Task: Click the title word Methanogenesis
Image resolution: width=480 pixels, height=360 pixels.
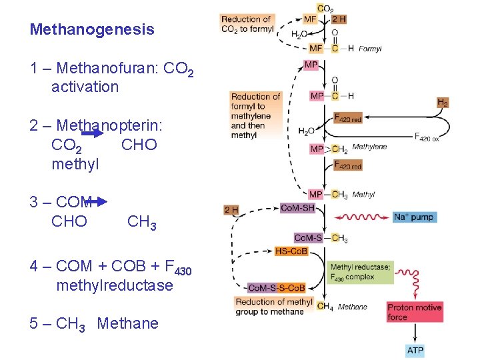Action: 92,29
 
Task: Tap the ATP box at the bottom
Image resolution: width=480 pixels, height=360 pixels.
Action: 415,350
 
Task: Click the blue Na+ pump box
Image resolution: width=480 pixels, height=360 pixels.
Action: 413,217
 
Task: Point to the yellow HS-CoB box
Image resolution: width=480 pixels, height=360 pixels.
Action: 291,251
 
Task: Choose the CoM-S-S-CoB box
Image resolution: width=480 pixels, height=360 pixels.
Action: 277,288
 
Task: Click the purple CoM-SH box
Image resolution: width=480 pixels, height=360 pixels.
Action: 297,207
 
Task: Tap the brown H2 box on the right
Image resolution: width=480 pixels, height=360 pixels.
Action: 443,102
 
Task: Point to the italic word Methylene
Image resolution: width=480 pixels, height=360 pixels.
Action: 369,147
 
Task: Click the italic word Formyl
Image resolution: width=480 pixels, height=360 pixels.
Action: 370,49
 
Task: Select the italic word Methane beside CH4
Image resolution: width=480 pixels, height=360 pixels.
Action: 352,307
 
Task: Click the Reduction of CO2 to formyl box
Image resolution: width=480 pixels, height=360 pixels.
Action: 246,24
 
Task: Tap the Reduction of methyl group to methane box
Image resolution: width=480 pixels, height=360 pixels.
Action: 273,307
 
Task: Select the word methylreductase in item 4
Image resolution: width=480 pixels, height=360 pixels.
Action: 115,285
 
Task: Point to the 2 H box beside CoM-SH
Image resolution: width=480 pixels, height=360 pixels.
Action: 232,209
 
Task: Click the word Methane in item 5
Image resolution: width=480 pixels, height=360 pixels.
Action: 127,323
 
